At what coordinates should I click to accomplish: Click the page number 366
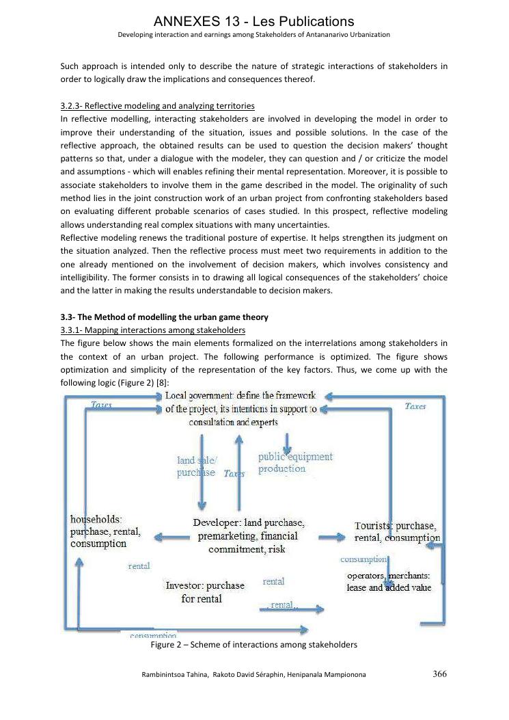(440, 674)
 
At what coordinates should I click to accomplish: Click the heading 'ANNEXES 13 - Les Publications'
(254, 21)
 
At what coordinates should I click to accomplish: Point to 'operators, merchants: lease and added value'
(389, 582)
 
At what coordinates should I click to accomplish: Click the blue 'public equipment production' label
(295, 462)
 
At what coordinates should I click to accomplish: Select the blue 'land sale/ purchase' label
(196, 467)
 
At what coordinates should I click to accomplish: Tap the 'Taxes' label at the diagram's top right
(415, 406)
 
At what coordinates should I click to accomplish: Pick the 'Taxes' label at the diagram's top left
(102, 405)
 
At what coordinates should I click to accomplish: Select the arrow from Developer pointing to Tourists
(331, 537)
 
